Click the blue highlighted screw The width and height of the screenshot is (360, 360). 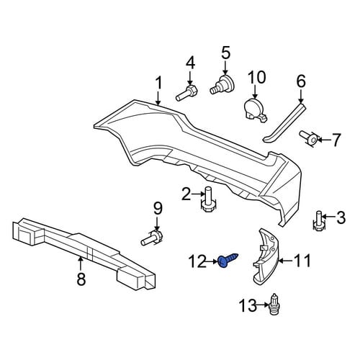pos(228,260)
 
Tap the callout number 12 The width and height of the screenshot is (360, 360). pos(197,261)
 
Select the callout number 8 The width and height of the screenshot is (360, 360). pos(81,279)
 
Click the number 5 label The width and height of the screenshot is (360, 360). pos(225,53)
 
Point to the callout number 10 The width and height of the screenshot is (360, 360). pos(256,77)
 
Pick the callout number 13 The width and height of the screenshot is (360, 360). pos(248,306)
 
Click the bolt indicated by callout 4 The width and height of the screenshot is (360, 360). pos(186,92)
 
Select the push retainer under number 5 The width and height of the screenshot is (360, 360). pos(222,85)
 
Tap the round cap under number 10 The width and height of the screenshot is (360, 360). pos(256,110)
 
